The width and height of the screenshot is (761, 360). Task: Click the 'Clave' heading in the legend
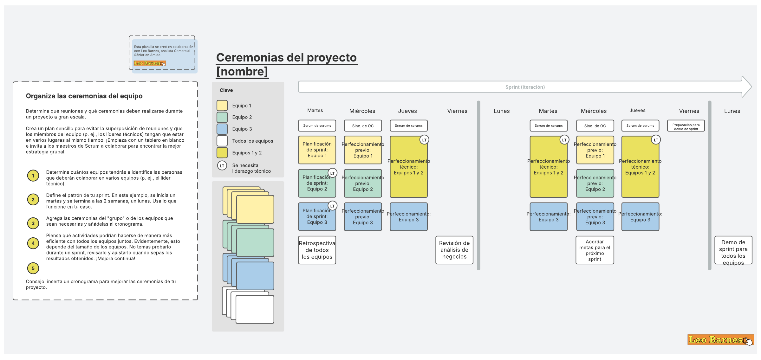[226, 90]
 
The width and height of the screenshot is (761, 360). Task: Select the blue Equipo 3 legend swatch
[222, 129]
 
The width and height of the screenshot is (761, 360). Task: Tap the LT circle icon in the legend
[222, 166]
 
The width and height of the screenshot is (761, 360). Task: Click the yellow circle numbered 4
[33, 243]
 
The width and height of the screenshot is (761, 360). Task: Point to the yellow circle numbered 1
[33, 176]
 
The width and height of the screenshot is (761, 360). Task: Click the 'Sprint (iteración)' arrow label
[525, 87]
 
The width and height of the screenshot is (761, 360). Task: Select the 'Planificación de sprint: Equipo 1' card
[317, 150]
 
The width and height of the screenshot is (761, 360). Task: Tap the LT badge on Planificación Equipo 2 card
[332, 173]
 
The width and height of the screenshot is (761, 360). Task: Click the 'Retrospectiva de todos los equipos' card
[317, 250]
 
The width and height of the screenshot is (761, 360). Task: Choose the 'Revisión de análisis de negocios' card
[454, 250]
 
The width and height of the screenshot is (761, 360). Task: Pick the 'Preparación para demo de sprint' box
[686, 126]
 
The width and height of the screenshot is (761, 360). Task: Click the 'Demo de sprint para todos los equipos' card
[733, 250]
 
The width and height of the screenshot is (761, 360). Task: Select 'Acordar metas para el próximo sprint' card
[595, 250]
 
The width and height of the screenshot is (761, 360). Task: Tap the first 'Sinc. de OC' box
[363, 126]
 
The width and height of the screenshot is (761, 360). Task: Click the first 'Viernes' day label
[457, 111]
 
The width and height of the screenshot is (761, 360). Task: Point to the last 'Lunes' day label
[732, 111]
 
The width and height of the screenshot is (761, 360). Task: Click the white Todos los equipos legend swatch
[222, 141]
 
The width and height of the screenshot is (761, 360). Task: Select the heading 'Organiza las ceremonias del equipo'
[84, 96]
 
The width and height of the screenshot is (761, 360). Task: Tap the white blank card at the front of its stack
[255, 309]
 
